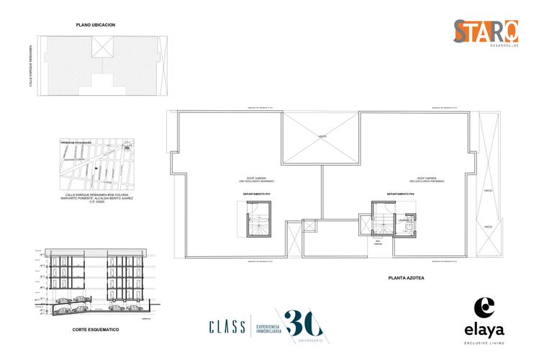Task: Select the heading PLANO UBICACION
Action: click(96, 25)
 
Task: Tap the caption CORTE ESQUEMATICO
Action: click(96, 329)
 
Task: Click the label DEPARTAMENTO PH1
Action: click(256, 194)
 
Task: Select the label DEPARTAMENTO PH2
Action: click(400, 194)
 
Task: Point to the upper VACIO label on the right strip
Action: click(488, 190)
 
